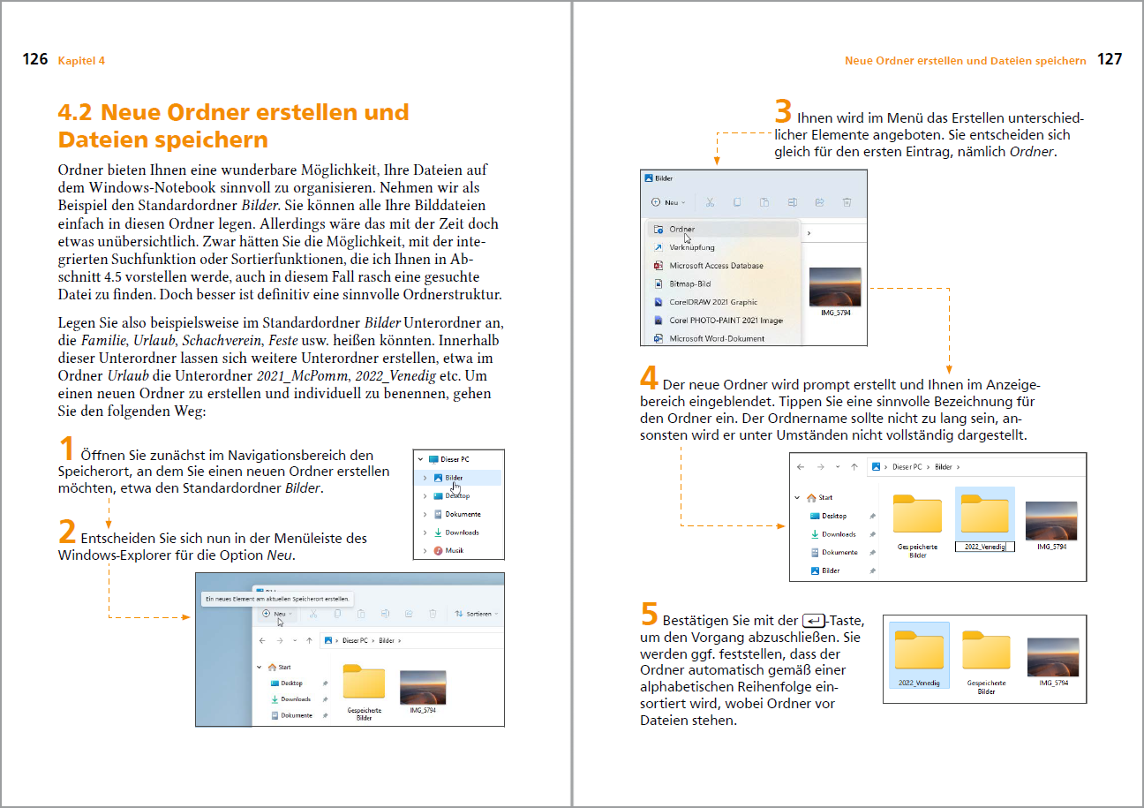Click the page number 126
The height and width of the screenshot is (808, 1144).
click(x=35, y=60)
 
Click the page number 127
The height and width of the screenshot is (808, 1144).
click(x=1110, y=60)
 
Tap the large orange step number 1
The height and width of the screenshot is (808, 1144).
click(x=66, y=449)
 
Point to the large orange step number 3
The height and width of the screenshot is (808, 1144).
click(x=783, y=112)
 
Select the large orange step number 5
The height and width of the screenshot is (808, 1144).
click(x=649, y=613)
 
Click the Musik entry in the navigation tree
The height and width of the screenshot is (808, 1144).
click(x=454, y=550)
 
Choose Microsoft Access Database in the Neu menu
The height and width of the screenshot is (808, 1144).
click(x=715, y=266)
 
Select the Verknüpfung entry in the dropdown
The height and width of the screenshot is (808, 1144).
click(x=692, y=247)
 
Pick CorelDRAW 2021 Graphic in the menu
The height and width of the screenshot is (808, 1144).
click(x=713, y=302)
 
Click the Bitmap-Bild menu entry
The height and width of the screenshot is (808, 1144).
click(x=689, y=284)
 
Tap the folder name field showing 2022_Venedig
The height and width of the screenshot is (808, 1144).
click(x=984, y=547)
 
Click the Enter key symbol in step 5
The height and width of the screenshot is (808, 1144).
click(x=814, y=621)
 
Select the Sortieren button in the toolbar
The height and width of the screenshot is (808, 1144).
click(x=477, y=614)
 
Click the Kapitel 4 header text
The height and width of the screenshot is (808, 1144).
click(x=81, y=61)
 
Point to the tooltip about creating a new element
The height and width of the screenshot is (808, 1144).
click(x=277, y=599)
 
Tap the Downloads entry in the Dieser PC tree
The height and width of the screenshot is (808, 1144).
click(x=462, y=532)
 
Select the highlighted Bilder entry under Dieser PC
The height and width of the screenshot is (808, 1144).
click(x=454, y=478)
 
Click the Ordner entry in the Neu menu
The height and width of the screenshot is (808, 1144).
click(x=681, y=230)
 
